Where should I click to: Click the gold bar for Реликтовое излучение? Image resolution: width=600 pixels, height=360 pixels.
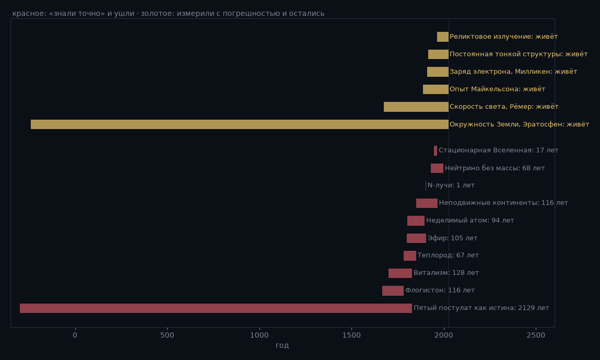point(443,37)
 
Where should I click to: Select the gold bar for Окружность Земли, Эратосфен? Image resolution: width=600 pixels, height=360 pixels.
point(240,124)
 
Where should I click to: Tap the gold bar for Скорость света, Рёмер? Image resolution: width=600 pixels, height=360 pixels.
point(416,107)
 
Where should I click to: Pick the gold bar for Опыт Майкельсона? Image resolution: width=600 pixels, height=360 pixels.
point(436,89)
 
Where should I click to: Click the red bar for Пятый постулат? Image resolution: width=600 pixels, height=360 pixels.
point(216,308)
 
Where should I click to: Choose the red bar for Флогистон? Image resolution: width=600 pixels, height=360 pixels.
point(393,291)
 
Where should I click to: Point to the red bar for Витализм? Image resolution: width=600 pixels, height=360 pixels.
point(400,273)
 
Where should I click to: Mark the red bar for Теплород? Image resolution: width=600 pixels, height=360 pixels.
point(410,256)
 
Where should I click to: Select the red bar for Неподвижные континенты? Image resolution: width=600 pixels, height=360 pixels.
point(427,203)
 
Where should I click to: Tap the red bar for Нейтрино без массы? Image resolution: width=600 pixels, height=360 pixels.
point(437,168)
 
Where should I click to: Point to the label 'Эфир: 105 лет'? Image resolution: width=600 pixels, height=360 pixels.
point(452,238)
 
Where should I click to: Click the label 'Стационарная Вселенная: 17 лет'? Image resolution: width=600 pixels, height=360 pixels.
point(498,150)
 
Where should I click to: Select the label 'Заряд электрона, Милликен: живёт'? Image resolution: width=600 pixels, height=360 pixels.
point(513,72)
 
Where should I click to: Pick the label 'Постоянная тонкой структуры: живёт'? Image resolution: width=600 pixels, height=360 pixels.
point(519,54)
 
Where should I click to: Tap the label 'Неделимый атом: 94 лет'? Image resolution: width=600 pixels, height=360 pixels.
point(470,220)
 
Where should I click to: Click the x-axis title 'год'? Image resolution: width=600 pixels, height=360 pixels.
point(283,345)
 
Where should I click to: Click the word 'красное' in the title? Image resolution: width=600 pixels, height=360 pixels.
point(29,14)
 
